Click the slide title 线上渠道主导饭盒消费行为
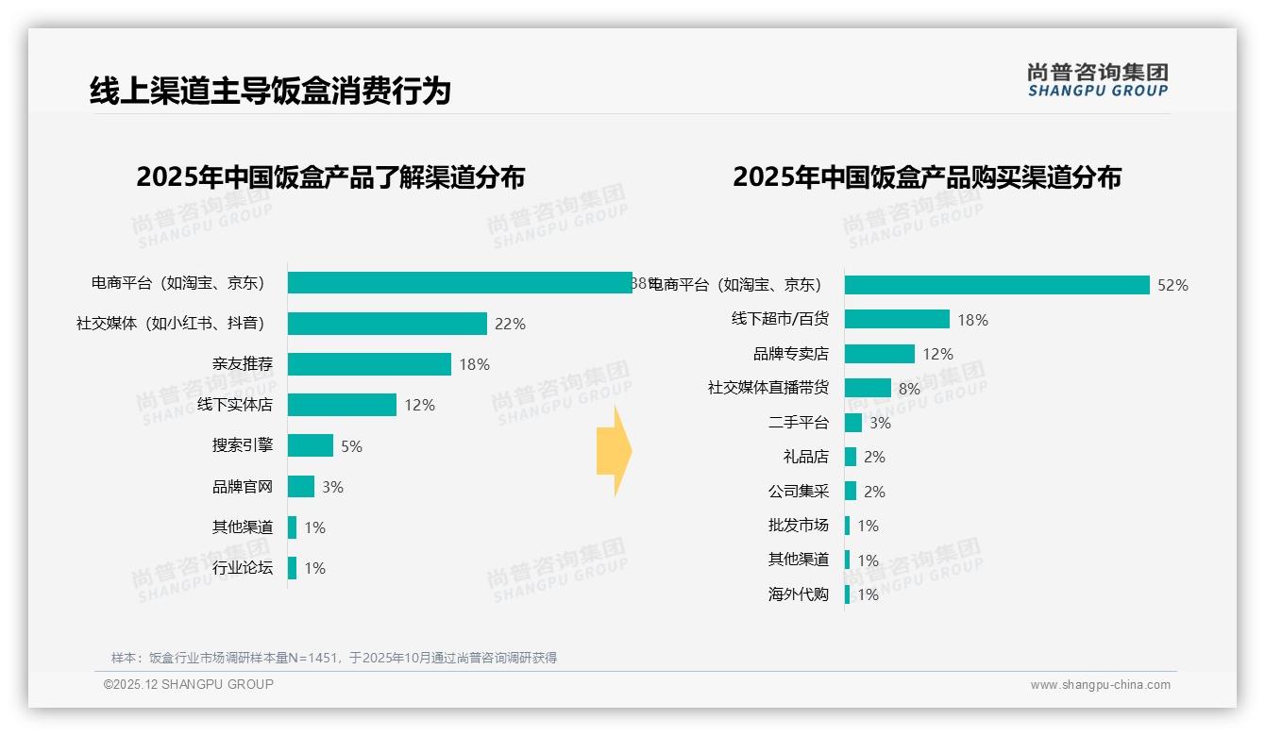(270, 91)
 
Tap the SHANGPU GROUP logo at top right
(1097, 80)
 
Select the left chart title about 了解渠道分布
(330, 177)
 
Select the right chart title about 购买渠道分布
(926, 177)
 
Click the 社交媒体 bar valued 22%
(387, 324)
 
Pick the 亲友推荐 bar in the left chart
(369, 364)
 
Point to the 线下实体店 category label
(235, 405)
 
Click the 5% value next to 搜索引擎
(351, 446)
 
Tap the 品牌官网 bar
(301, 487)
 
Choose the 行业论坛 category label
(243, 568)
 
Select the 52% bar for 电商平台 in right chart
(997, 285)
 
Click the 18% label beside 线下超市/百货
(972, 320)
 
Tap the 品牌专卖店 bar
(880, 354)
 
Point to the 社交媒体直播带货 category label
(768, 388)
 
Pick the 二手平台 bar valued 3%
(853, 423)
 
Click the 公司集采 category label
(799, 492)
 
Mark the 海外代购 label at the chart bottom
(799, 594)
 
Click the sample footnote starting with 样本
(334, 658)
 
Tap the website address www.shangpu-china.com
(1100, 685)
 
